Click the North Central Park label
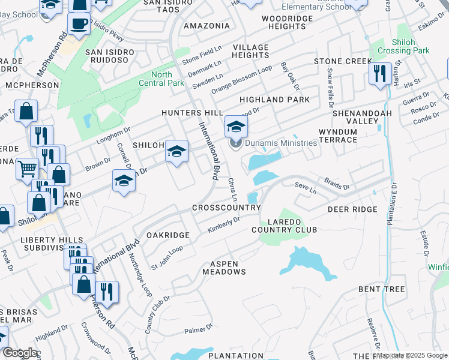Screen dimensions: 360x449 pyautogui.click(x=160, y=79)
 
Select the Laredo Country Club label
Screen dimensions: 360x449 pyautogui.click(x=284, y=226)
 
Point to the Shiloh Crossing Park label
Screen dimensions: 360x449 pyautogui.click(x=411, y=46)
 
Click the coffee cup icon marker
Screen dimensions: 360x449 pyautogui.click(x=79, y=24)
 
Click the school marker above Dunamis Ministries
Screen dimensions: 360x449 pyautogui.click(x=237, y=127)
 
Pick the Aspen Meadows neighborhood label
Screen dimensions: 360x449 pyautogui.click(x=228, y=268)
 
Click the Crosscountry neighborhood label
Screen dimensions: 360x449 pyautogui.click(x=226, y=208)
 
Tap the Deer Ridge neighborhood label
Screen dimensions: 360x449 pyautogui.click(x=352, y=209)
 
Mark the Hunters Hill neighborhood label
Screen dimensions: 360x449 pyautogui.click(x=191, y=113)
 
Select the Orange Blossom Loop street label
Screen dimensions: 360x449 pyautogui.click(x=241, y=77)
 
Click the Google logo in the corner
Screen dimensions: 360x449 pyautogui.click(x=20, y=353)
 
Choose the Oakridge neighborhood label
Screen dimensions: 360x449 pyautogui.click(x=169, y=235)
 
